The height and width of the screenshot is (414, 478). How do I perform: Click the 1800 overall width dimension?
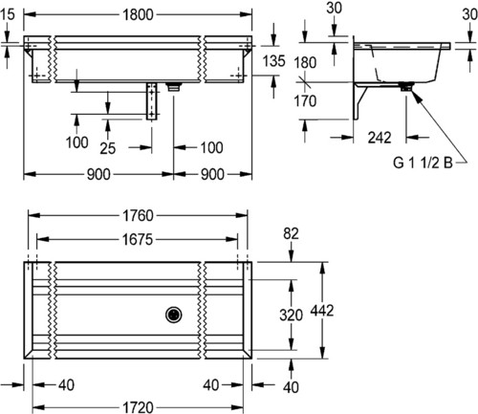tap(138, 14)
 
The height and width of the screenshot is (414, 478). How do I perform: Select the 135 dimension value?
tap(273, 61)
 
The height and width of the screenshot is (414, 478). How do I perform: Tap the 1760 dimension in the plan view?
tap(138, 216)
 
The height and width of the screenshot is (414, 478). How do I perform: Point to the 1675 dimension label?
tap(138, 239)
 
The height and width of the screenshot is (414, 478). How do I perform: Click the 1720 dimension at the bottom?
tap(138, 407)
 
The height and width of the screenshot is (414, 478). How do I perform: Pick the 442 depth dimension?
tap(322, 311)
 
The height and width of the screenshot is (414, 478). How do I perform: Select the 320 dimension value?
tap(291, 316)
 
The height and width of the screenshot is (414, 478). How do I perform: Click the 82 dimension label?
tap(291, 233)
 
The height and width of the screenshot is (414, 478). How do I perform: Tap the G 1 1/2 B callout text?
tap(423, 163)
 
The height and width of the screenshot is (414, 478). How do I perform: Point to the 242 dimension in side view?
tap(380, 138)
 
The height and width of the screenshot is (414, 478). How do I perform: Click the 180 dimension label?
tap(305, 62)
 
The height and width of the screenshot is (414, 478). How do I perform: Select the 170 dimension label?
tap(305, 101)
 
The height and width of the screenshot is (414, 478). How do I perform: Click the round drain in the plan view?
tap(174, 315)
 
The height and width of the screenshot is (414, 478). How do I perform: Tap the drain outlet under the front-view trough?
tap(174, 87)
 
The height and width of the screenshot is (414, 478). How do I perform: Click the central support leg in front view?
tap(152, 101)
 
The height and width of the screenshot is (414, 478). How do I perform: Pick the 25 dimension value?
tap(107, 148)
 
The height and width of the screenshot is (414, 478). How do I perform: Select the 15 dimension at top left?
tap(8, 14)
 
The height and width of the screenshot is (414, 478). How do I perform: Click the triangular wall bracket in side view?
tap(360, 101)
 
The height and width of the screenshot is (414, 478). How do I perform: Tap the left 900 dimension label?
tap(98, 175)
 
